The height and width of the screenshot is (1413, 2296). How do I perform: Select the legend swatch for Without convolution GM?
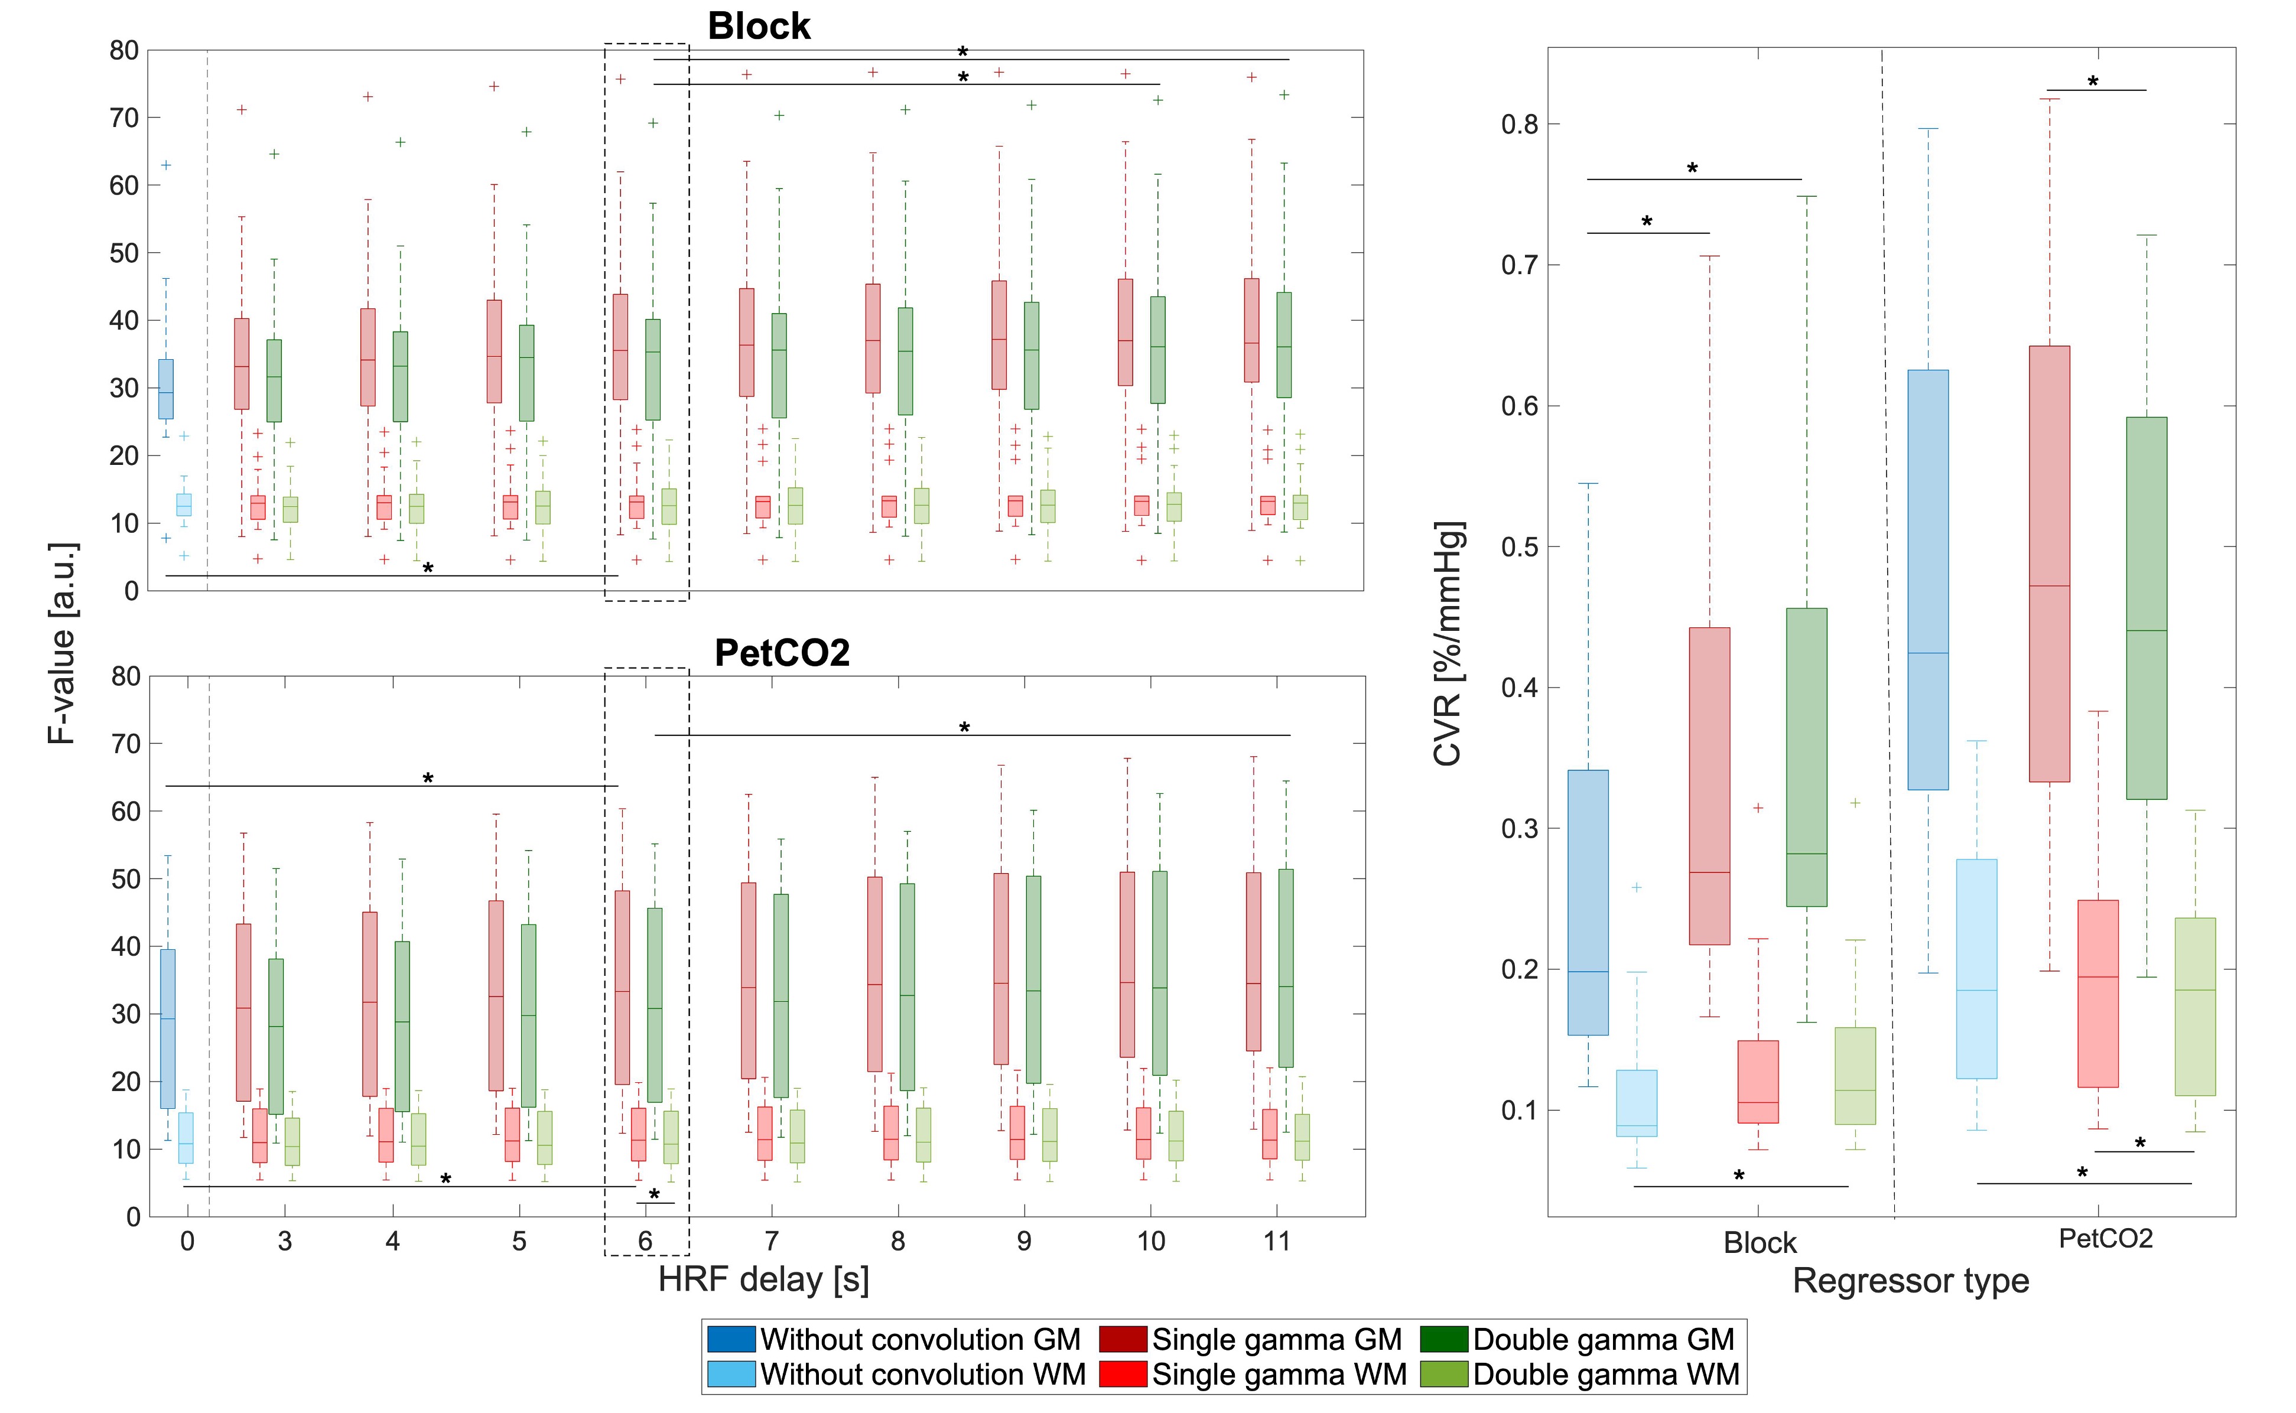[730, 1339]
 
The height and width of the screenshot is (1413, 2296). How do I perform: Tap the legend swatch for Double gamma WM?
[1443, 1374]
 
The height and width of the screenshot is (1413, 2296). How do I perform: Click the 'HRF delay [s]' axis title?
[763, 1279]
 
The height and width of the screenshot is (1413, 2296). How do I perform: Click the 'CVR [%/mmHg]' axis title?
[1448, 643]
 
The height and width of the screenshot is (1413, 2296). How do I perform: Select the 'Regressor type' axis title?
[1910, 1280]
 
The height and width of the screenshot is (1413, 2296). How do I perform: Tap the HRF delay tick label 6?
[645, 1241]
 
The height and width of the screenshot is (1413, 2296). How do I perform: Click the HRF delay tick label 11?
[1276, 1241]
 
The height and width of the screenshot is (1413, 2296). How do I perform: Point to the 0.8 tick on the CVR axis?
[1518, 124]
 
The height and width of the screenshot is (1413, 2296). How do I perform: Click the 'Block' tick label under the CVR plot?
[1760, 1243]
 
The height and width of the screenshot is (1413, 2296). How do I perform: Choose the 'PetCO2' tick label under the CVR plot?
[2105, 1239]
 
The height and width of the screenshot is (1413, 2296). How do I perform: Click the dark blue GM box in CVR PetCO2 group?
[1928, 579]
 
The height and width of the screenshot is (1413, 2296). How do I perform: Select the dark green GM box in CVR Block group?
[1806, 757]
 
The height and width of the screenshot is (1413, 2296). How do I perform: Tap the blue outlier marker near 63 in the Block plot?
[167, 165]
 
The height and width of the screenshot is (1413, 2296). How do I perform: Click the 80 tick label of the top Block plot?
[124, 50]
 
